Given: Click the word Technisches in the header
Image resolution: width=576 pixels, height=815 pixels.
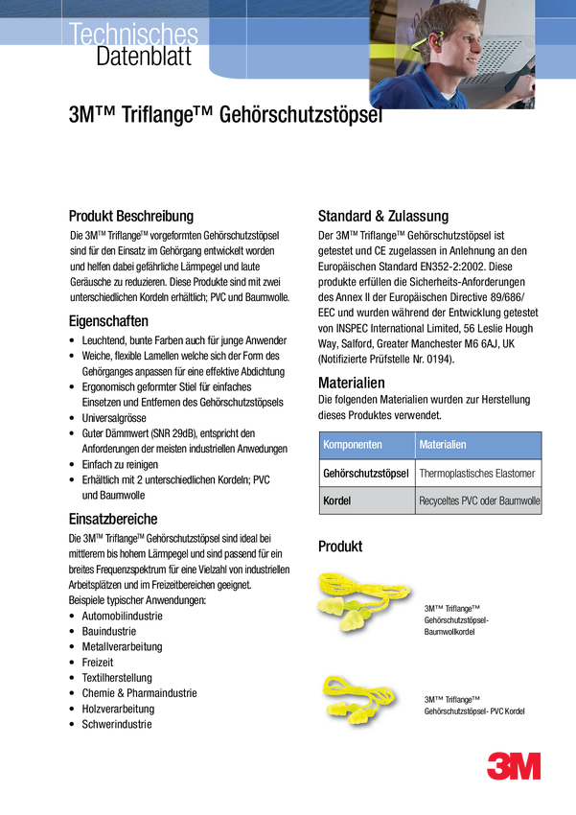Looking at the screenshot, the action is (x=133, y=35).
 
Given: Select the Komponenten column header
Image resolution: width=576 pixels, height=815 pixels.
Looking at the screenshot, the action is (x=353, y=446).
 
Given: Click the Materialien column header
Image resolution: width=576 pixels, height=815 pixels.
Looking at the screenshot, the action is (x=444, y=446).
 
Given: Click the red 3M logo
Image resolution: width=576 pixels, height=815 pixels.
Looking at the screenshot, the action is (x=514, y=766).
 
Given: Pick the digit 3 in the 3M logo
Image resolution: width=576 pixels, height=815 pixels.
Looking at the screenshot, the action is (x=498, y=766).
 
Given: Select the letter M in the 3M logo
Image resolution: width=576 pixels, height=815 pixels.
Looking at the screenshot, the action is (x=526, y=766).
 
